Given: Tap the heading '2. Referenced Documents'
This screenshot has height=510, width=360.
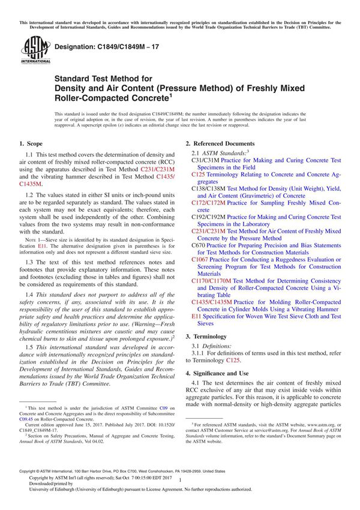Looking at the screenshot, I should point(220,144).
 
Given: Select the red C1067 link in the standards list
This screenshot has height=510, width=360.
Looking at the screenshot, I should point(201,260).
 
